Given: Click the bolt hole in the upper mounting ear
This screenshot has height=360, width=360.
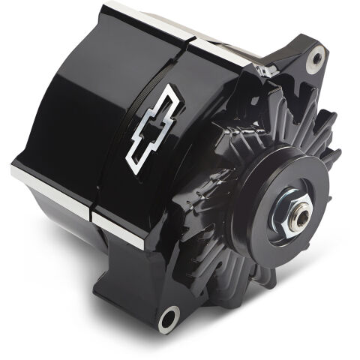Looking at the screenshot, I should click(x=316, y=55).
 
